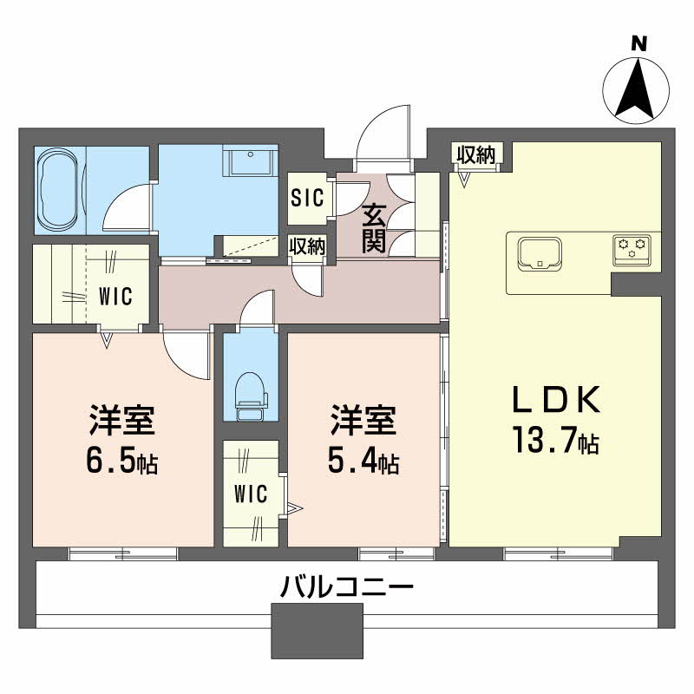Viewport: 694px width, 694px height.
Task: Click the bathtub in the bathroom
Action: tap(58, 190)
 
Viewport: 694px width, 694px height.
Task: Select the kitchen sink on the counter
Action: tap(540, 253)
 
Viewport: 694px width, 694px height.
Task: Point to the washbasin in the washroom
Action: tap(251, 160)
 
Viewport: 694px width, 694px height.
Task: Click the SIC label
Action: tap(307, 198)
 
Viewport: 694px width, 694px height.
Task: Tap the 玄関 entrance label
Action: tap(374, 229)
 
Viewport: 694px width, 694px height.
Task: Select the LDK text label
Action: tap(556, 399)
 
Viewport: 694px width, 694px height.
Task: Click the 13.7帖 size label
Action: tap(555, 440)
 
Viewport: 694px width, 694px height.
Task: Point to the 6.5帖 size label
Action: tap(121, 461)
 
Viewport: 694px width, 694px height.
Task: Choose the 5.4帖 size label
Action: tap(363, 461)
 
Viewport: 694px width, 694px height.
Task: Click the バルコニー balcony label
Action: tap(347, 587)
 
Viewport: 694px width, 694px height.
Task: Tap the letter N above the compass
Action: tap(638, 44)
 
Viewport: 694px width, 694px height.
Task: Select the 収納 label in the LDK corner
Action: tap(476, 154)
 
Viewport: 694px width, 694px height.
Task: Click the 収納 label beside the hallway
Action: tap(307, 246)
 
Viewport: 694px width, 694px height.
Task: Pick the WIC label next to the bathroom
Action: tap(115, 296)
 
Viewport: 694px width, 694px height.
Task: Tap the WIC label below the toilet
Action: tap(251, 494)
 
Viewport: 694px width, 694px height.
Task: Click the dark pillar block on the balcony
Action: tap(317, 631)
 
